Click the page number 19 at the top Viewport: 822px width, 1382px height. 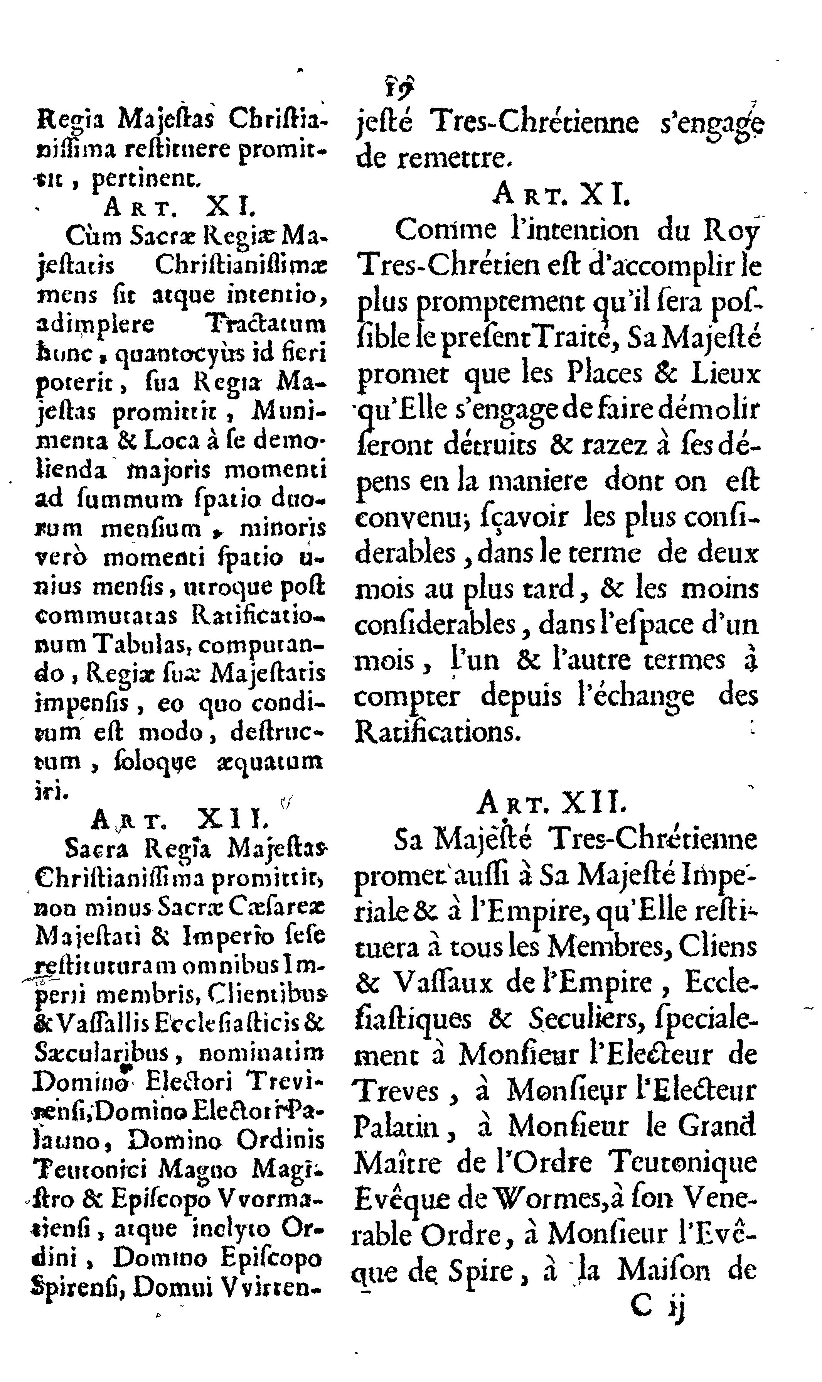coord(396,86)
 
